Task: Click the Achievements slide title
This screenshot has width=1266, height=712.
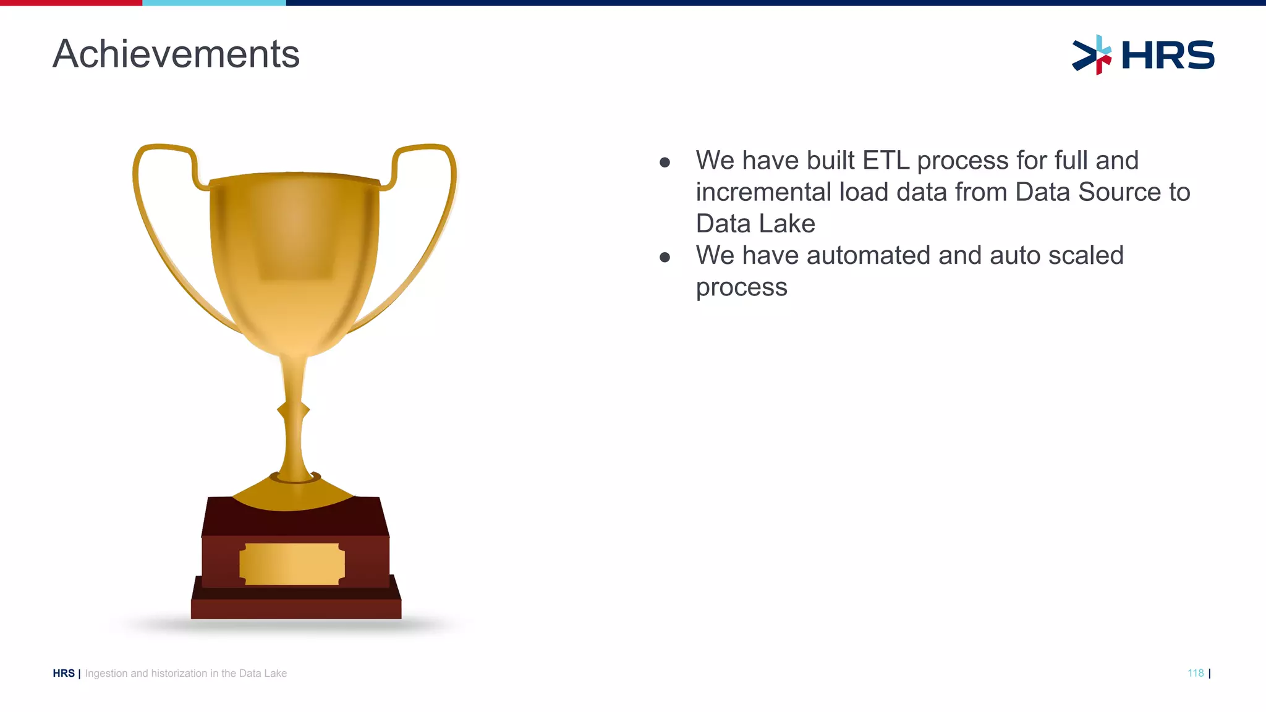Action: point(176,54)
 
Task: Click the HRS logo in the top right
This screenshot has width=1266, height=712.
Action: point(1143,55)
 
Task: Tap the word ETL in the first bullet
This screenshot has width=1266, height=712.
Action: point(886,161)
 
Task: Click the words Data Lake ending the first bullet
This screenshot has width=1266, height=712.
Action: point(755,224)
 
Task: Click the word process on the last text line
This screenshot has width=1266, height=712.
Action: point(741,287)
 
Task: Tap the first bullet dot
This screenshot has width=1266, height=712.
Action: point(665,163)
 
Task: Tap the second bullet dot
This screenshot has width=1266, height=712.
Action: point(665,257)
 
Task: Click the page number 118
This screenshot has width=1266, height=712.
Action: point(1195,673)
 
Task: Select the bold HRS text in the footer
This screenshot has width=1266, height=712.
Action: point(64,674)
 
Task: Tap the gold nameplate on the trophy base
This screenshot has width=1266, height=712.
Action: point(292,564)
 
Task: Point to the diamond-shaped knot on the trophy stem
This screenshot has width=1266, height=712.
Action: point(293,410)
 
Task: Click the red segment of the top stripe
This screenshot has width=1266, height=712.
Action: point(71,3)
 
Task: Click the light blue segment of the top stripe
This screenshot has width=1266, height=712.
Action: point(214,3)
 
